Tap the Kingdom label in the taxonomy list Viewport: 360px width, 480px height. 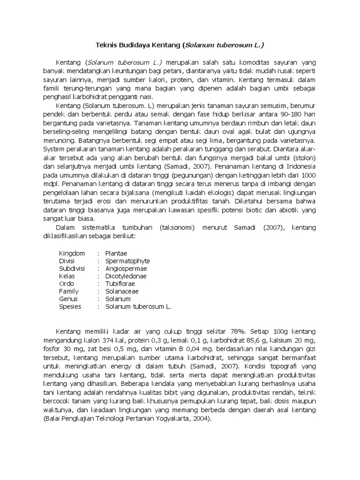tap(72, 253)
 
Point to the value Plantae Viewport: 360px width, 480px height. tap(116, 253)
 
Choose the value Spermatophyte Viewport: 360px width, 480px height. tap(127, 261)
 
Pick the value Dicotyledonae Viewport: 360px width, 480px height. tap(126, 276)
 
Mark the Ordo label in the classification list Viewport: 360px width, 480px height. tap(67, 284)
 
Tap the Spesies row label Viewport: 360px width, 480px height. tap(70, 307)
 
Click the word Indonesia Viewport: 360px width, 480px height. tap(300, 165)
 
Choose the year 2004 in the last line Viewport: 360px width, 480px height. tap(201, 420)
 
